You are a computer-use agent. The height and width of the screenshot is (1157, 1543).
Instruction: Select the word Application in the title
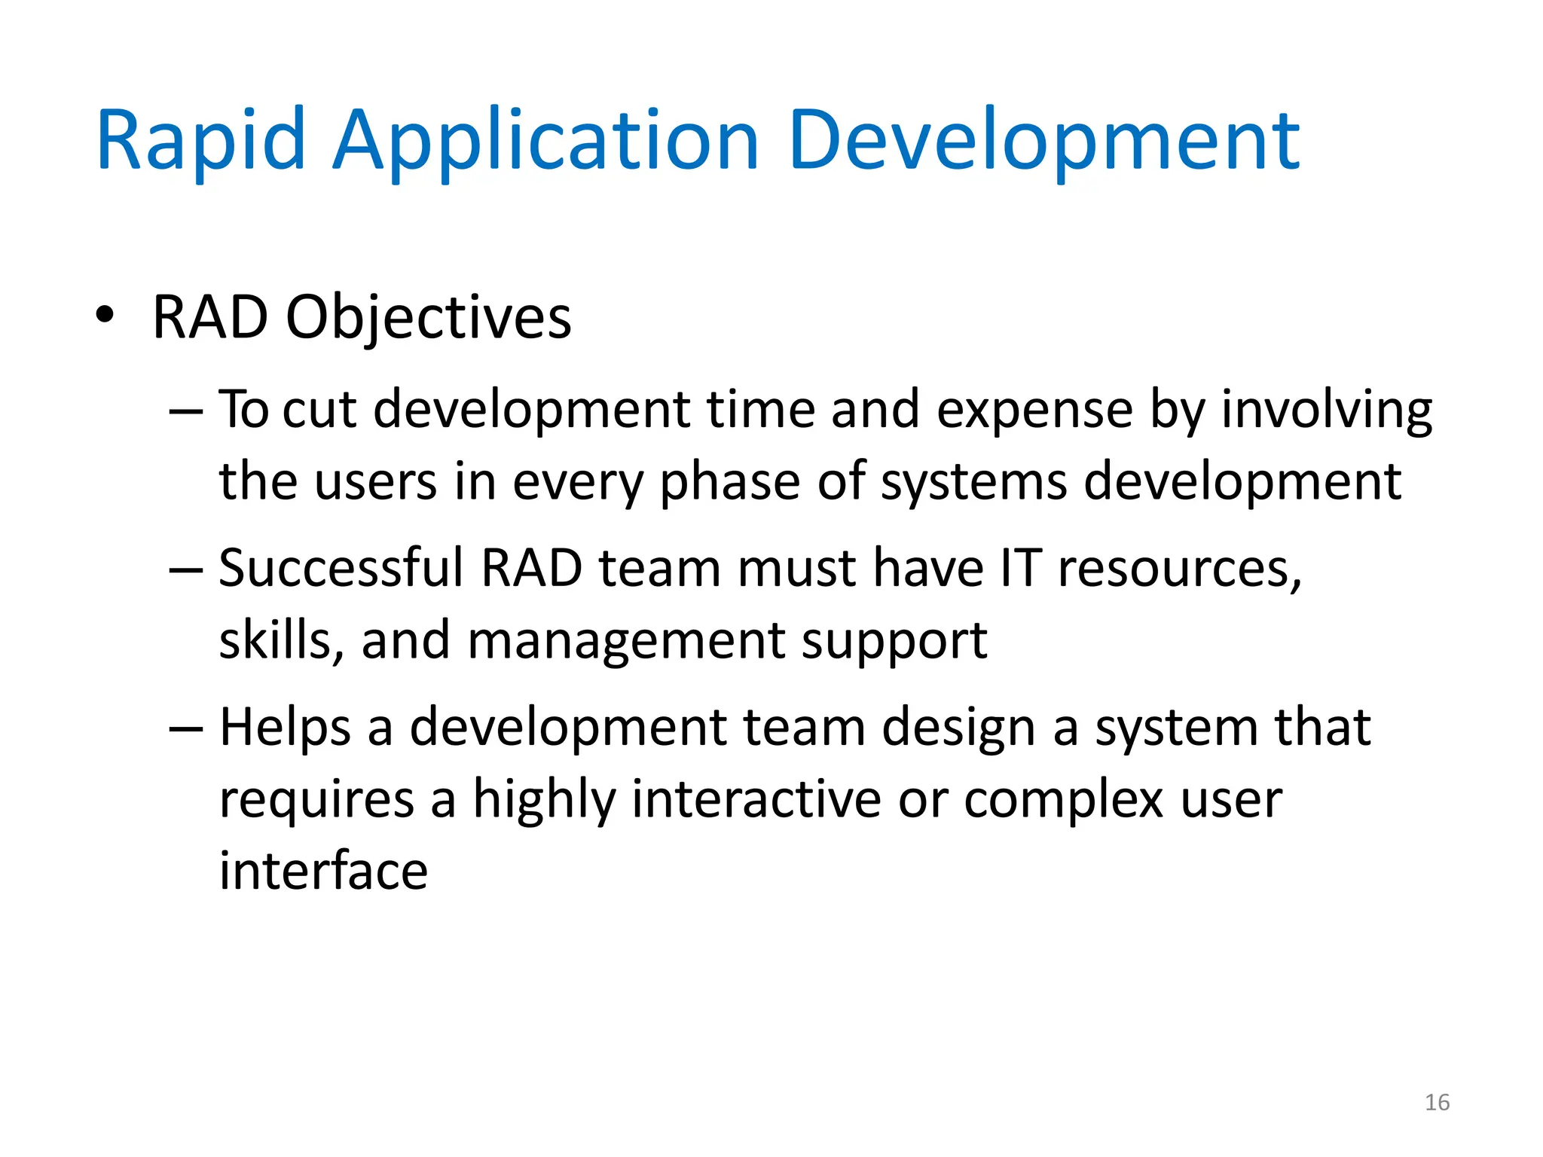coord(545,142)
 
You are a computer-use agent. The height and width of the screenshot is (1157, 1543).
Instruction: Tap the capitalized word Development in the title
coord(1043,142)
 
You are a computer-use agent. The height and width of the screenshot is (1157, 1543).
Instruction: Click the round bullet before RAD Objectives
coord(105,315)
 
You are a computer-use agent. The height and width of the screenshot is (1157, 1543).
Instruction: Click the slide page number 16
coord(1437,1103)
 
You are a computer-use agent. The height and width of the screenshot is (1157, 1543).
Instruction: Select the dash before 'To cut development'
coord(186,412)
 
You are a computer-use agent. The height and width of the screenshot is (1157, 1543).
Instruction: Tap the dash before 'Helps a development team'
coord(186,729)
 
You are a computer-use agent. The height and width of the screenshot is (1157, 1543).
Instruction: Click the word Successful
coord(341,569)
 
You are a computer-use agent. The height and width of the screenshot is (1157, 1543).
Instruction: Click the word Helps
coord(286,729)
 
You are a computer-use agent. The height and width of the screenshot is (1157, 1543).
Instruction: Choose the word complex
coord(1063,801)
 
